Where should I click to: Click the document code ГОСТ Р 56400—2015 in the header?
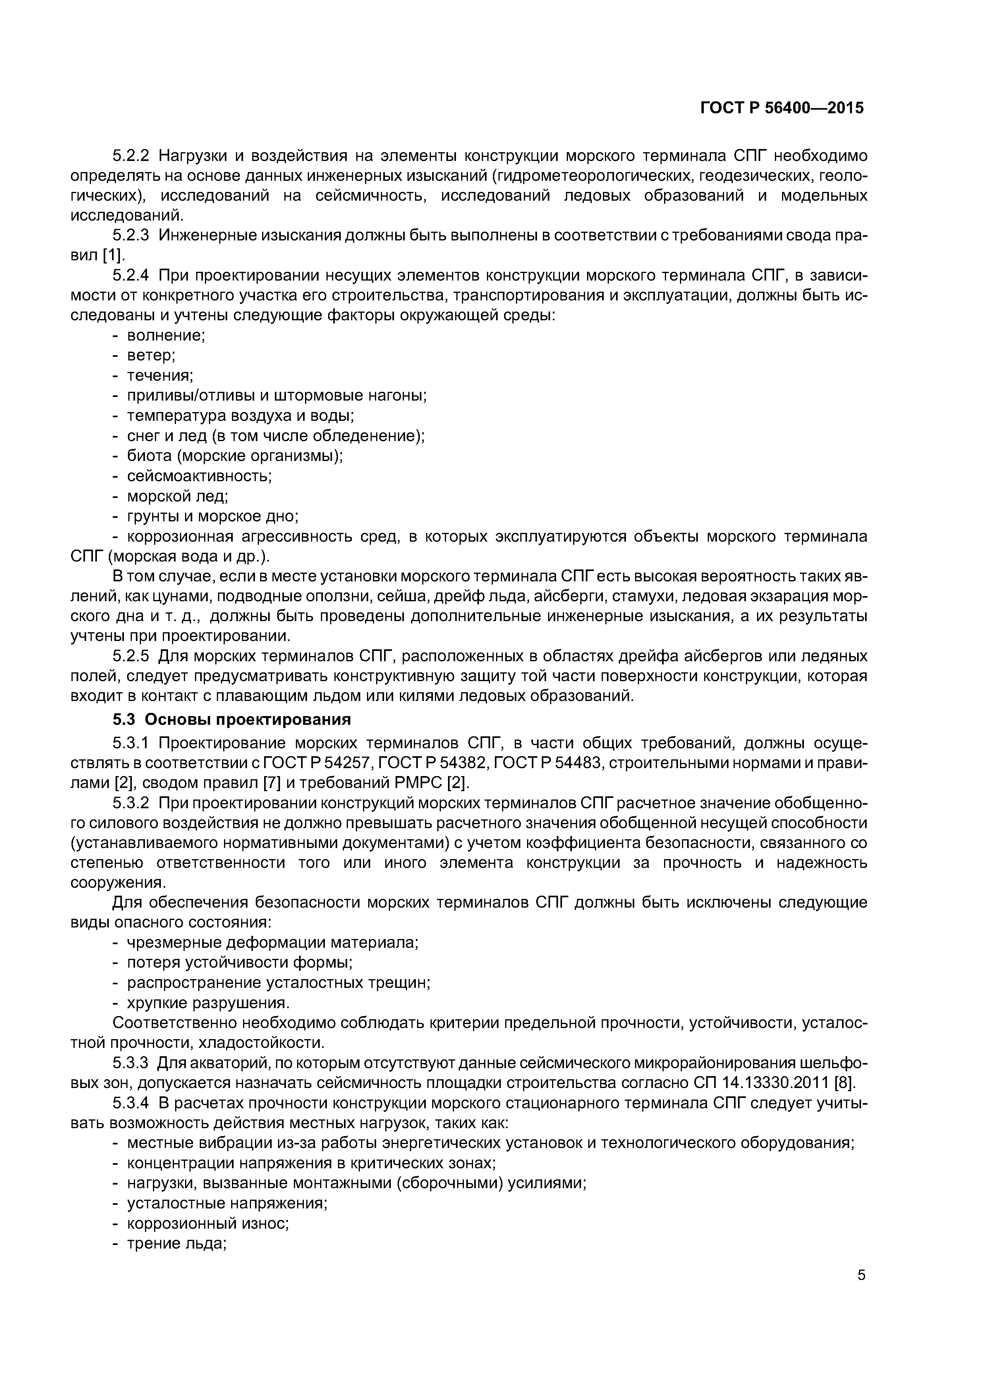click(x=782, y=107)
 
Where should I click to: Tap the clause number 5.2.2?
click(x=131, y=156)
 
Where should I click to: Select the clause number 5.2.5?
click(x=131, y=656)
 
